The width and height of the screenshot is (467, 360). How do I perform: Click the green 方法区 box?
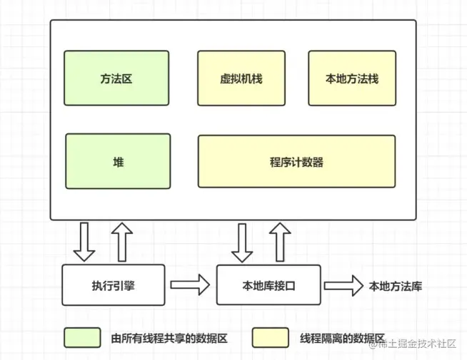coord(116,78)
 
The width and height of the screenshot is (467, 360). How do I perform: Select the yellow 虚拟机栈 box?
coord(241,78)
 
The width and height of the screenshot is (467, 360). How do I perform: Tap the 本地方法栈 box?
coord(351,78)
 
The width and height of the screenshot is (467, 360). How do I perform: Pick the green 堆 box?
coord(118,162)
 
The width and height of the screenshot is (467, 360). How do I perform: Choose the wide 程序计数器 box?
coord(296,162)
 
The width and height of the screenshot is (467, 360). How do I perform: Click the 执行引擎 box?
coord(114,286)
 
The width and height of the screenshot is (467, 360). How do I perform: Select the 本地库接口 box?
coord(268,286)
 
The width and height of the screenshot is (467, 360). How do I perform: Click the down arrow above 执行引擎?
coord(84,242)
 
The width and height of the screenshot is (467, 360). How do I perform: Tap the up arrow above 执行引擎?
coord(121,242)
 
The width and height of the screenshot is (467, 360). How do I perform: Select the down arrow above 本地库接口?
coord(242,242)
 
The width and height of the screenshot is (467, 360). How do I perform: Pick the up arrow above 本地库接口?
coord(279,242)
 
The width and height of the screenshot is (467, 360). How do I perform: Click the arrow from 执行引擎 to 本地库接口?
coord(191,286)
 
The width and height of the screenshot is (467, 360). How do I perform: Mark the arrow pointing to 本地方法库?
coord(343,286)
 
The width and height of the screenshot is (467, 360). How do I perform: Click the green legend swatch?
coord(82,338)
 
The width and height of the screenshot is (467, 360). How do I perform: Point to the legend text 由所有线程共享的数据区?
coord(169,338)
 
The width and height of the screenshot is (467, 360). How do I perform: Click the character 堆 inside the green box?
coord(118,162)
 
